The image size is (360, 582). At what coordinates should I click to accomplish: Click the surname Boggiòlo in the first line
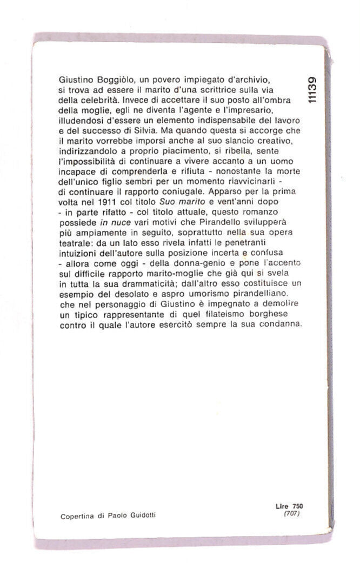pos(111,80)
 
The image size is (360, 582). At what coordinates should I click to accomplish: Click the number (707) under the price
pos(292,512)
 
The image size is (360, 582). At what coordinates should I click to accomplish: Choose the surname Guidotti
pos(142,515)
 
